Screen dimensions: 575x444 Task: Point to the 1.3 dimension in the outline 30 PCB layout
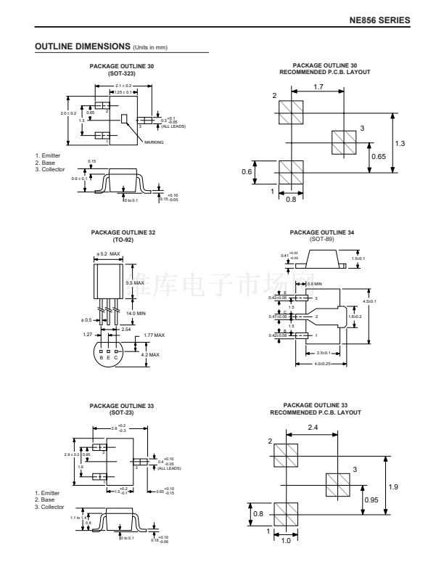coord(400,143)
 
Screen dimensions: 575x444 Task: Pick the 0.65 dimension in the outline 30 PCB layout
coord(378,156)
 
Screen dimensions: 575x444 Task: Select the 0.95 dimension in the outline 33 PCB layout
coord(371,499)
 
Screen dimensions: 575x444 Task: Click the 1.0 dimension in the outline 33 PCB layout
coord(286,540)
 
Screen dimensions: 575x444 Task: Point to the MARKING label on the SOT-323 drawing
coord(154,142)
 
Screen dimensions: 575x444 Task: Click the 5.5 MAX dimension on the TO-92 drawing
coord(135,282)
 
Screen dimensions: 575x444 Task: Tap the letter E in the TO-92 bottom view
coord(109,357)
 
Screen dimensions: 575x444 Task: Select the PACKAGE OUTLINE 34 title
coord(320,232)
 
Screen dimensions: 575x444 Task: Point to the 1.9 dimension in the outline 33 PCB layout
coord(393,486)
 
